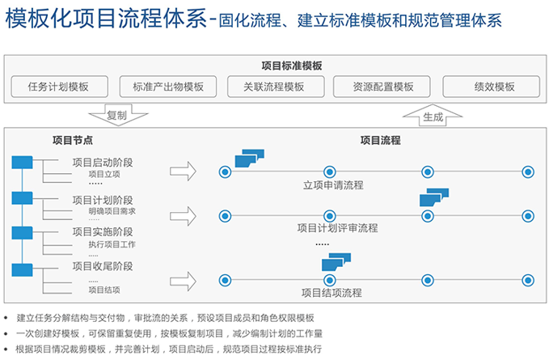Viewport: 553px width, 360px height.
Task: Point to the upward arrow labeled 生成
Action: [433, 114]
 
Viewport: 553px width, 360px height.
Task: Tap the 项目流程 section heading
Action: [381, 140]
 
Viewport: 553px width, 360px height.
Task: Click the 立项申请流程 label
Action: [333, 185]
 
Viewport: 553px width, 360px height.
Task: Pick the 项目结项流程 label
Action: [331, 293]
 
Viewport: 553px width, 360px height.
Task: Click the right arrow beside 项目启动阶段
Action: [184, 171]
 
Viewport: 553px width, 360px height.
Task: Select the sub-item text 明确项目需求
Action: [112, 211]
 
